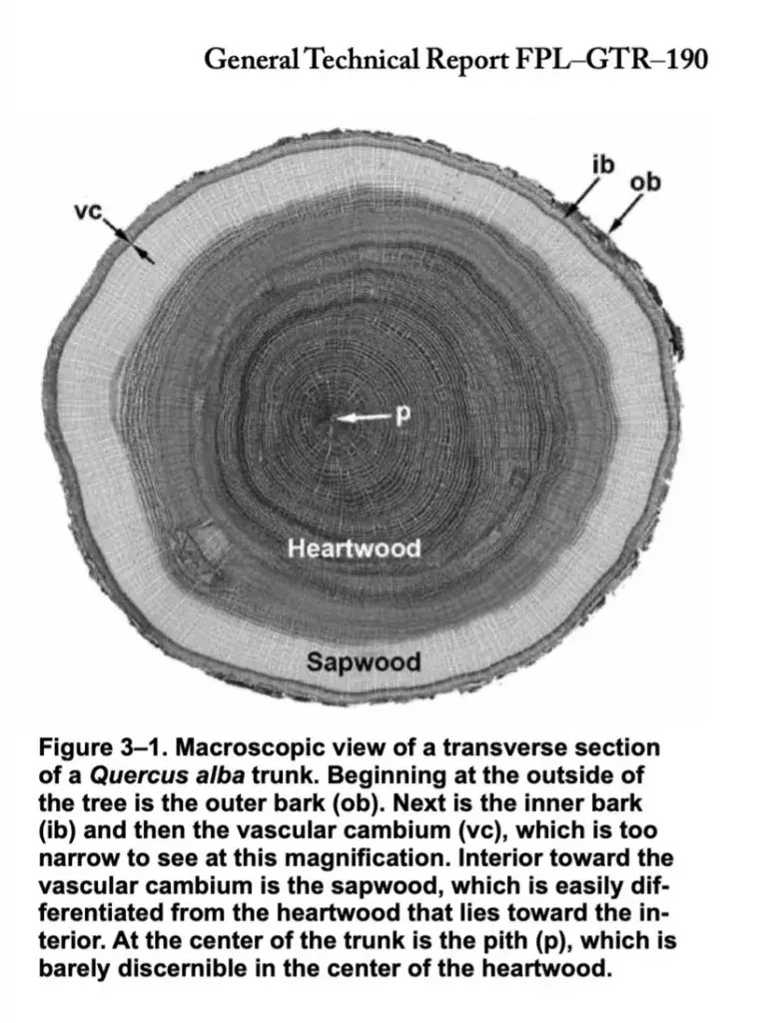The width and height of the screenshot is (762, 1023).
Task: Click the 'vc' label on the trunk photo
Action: (x=88, y=211)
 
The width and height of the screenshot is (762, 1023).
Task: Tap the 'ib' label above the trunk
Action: (x=603, y=165)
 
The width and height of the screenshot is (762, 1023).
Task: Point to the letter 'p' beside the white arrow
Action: (x=403, y=415)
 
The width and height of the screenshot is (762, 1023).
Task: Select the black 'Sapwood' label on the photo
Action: (x=364, y=661)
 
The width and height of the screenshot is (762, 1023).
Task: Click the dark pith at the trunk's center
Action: (x=325, y=419)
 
